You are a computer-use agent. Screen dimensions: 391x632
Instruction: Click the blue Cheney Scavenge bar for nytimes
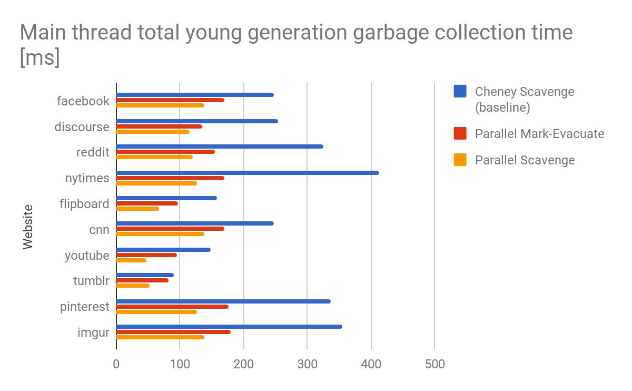click(x=248, y=173)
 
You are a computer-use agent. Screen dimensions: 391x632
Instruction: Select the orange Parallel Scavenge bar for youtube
click(x=131, y=260)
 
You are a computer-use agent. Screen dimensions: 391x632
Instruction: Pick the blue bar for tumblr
click(x=145, y=275)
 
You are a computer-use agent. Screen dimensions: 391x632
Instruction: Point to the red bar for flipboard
click(x=147, y=203)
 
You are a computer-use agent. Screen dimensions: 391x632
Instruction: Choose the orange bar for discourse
click(x=153, y=132)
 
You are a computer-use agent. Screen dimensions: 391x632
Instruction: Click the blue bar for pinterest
click(x=223, y=301)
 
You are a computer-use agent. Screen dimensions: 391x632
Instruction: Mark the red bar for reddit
click(x=165, y=152)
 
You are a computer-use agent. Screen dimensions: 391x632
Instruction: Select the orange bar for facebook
click(x=160, y=105)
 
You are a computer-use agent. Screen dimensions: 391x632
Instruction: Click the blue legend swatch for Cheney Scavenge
click(x=460, y=92)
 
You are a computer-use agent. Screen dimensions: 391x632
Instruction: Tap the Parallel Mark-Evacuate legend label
click(x=539, y=134)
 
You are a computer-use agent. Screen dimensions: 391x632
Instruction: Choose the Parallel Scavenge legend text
click(x=525, y=160)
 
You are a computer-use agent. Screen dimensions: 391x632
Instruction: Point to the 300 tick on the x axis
click(x=307, y=364)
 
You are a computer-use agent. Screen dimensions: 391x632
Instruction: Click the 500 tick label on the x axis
click(x=434, y=364)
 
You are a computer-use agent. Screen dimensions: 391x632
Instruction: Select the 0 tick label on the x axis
click(x=116, y=364)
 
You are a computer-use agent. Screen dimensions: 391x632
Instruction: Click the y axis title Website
click(x=28, y=227)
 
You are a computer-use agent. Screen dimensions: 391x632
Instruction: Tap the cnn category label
click(x=99, y=229)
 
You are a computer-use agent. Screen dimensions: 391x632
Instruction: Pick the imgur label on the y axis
click(x=94, y=333)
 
